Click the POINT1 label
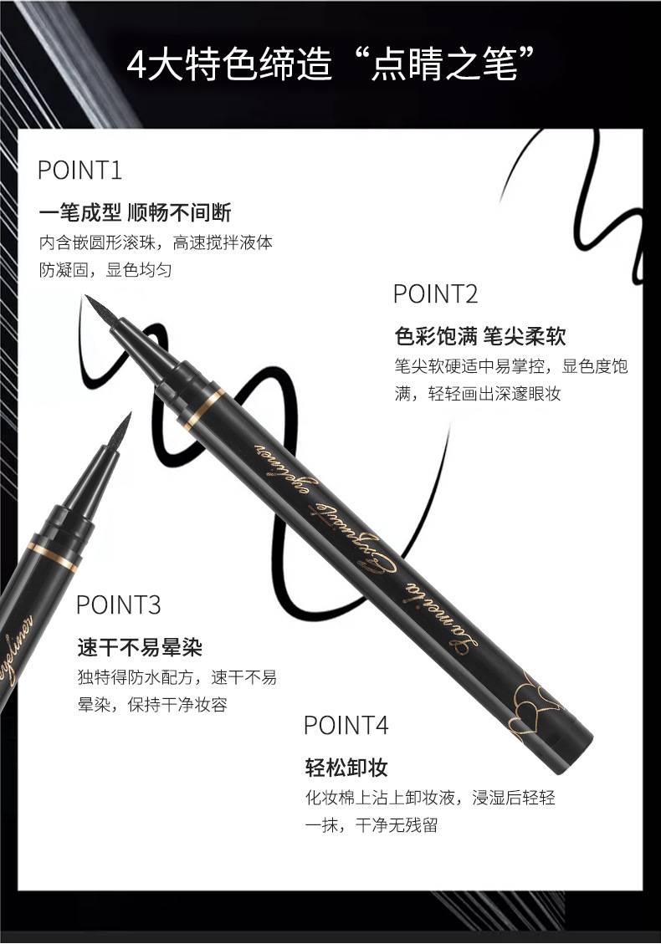pos(80,171)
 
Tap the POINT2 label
pos(435,294)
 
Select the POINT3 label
pos(118,605)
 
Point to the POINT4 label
pos(346,725)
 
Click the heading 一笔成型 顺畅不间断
pos(135,212)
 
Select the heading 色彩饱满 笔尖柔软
pos(480,336)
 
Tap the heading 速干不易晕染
pos(140,647)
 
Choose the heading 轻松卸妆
pos(346,768)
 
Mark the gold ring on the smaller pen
pos(52,557)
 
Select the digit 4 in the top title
pos(136,65)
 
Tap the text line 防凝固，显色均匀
pos(105,270)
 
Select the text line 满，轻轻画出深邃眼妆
pos(478,394)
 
